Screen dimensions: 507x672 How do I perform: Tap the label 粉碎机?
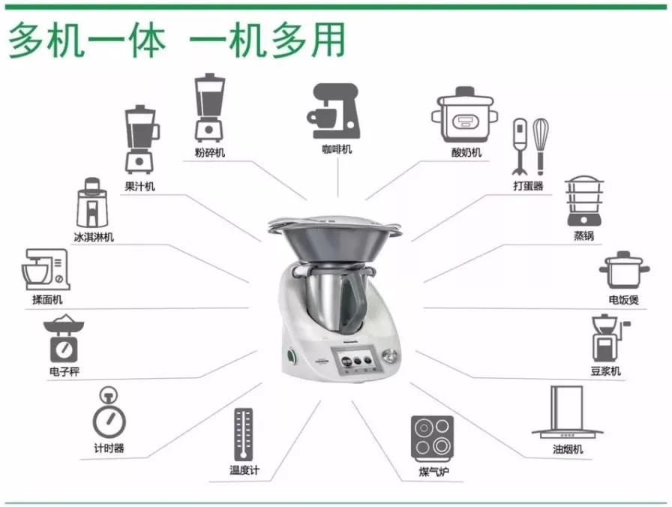coord(209,153)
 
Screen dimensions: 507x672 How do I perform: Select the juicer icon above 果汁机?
coord(141,139)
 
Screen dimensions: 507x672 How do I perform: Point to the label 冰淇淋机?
coord(94,238)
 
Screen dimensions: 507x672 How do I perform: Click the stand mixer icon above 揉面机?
coord(46,270)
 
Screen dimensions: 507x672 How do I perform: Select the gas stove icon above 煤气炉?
coord(433,438)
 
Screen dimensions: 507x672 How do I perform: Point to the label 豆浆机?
coord(605,371)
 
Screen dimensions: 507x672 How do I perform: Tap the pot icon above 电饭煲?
coord(623,271)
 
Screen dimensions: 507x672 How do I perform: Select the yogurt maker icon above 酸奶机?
coord(462,114)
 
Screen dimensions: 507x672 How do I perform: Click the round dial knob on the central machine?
coord(389,355)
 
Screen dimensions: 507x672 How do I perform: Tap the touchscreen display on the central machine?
coord(357,361)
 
